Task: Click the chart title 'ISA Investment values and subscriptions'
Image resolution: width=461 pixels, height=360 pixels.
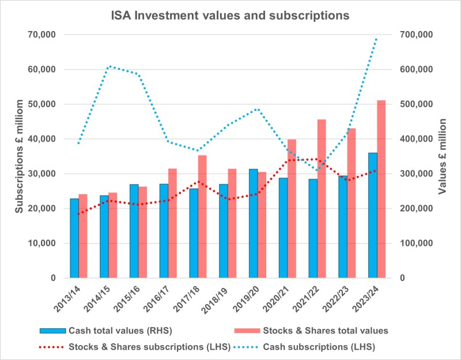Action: [230, 16]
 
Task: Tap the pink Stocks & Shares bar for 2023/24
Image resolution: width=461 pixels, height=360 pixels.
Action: [381, 189]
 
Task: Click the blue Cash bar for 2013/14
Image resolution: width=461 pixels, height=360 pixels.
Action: [74, 238]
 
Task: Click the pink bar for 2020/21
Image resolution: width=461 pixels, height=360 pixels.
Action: [292, 209]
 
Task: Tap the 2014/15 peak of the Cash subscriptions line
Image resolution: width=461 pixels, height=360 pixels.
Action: [109, 66]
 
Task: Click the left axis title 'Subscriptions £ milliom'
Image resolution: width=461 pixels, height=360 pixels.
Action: [19, 157]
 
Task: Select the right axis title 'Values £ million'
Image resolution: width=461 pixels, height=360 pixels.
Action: [443, 157]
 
